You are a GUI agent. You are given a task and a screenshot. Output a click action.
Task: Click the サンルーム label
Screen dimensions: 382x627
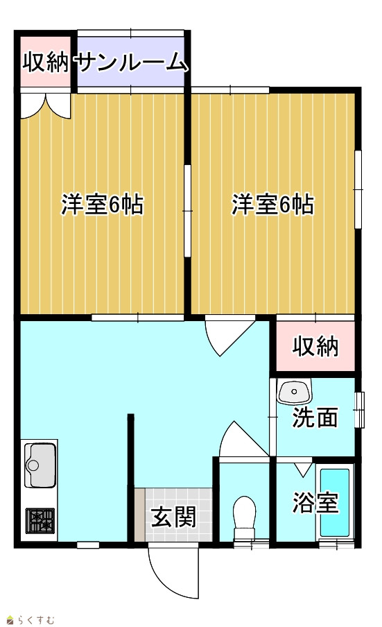click(131, 63)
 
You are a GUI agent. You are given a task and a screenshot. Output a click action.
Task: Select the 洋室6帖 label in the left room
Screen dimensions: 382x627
click(103, 205)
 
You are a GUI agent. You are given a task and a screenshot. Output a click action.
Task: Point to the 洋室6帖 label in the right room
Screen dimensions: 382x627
click(273, 205)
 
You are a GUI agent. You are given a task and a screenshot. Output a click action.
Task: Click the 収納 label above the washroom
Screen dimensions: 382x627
click(315, 346)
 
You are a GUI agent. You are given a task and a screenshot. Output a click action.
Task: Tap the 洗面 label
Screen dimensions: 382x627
click(315, 418)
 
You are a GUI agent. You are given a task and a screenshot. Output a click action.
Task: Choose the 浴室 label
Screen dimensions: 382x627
click(315, 502)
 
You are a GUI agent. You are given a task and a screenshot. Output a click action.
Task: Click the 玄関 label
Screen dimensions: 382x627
click(173, 517)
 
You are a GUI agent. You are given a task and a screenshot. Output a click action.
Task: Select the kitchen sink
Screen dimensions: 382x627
click(40, 465)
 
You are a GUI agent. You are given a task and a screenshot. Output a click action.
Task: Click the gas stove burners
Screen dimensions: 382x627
click(40, 521)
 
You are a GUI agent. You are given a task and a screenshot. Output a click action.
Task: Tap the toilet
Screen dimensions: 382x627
click(245, 517)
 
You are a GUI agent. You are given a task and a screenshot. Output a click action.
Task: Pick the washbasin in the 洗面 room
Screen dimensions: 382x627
click(295, 391)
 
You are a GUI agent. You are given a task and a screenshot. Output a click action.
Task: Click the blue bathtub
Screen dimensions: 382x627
click(335, 503)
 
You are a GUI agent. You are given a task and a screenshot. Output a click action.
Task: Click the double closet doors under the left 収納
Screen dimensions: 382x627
click(46, 105)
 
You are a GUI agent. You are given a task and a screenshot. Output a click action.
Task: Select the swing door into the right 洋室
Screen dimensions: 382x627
click(229, 336)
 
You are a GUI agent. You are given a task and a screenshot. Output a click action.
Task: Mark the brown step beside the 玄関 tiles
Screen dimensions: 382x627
click(139, 515)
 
